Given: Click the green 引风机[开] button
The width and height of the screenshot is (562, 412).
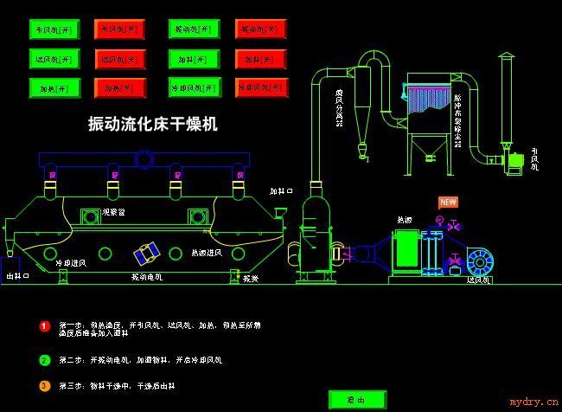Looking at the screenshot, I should pos(54,29).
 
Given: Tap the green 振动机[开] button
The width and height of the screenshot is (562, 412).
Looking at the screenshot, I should pos(194,29).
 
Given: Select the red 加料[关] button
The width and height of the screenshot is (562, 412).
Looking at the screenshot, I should pos(260,60).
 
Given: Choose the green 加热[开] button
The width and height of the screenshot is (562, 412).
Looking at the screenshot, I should pos(54,88).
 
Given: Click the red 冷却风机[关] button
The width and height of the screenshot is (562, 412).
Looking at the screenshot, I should pos(260,88).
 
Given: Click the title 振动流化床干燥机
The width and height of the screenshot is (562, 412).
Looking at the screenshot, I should pos(153,124).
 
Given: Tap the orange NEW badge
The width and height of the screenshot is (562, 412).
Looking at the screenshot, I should pos(448,203).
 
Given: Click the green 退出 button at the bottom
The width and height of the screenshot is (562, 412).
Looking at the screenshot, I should pos(356,400).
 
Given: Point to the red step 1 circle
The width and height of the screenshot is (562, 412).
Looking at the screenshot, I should pos(45,326).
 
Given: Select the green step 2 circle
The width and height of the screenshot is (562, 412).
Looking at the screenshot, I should pos(45,360).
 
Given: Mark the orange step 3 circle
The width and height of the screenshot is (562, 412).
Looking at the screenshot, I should pos(45,386).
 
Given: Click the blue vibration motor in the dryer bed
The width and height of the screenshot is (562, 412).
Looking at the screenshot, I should pos(146,254).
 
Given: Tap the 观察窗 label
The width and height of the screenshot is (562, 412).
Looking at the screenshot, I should pos(114,211).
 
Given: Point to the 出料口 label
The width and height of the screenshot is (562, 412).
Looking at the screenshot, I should pos(17,276).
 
